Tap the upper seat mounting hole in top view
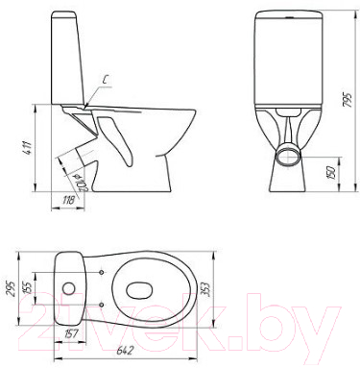point(102,272)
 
